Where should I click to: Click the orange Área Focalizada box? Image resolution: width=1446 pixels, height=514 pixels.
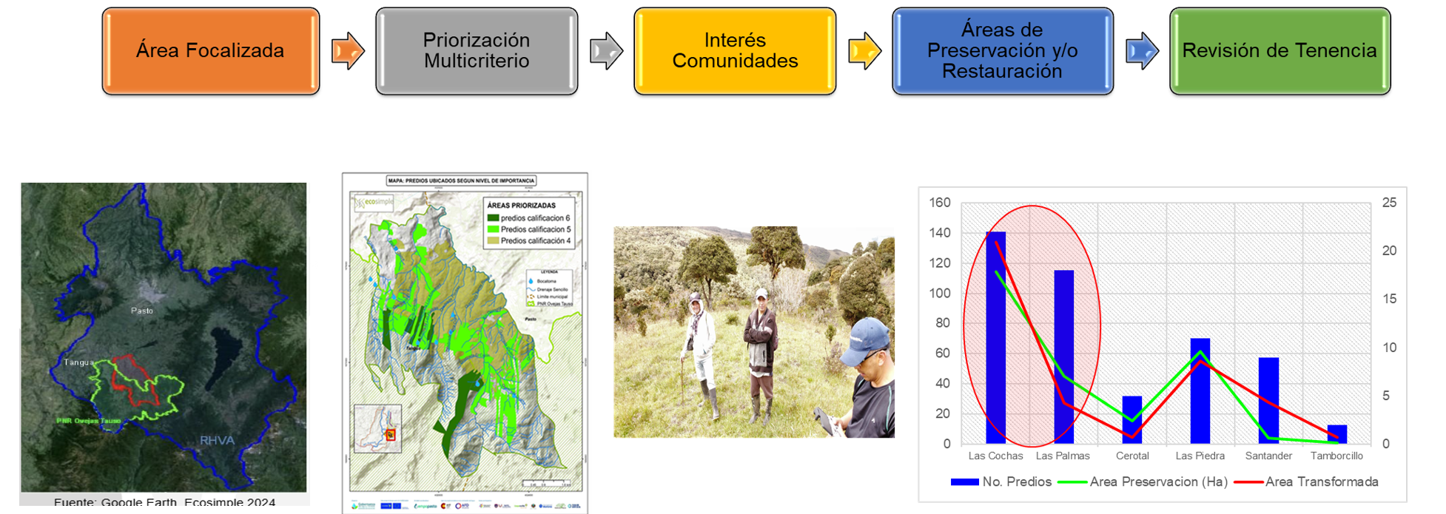[210, 51]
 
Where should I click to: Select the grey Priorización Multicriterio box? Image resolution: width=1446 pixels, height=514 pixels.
[476, 51]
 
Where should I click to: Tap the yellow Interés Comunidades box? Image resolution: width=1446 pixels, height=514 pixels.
[734, 51]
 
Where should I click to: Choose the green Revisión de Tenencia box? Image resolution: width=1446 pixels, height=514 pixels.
[1279, 51]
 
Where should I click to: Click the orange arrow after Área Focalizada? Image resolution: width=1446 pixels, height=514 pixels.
[348, 51]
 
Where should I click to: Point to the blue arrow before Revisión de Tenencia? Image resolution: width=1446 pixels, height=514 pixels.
[1142, 51]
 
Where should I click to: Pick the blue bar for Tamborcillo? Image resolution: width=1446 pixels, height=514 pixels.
[1336, 434]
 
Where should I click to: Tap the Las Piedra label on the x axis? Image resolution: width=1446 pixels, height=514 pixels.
[1200, 456]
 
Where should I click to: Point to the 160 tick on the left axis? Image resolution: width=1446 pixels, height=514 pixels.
[939, 203]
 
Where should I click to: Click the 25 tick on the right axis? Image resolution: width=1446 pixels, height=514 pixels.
[1389, 203]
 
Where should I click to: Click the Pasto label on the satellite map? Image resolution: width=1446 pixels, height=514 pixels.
[141, 311]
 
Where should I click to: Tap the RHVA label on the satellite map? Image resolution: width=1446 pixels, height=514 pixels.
[217, 441]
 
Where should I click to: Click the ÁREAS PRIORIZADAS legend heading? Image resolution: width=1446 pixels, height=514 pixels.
[521, 206]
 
